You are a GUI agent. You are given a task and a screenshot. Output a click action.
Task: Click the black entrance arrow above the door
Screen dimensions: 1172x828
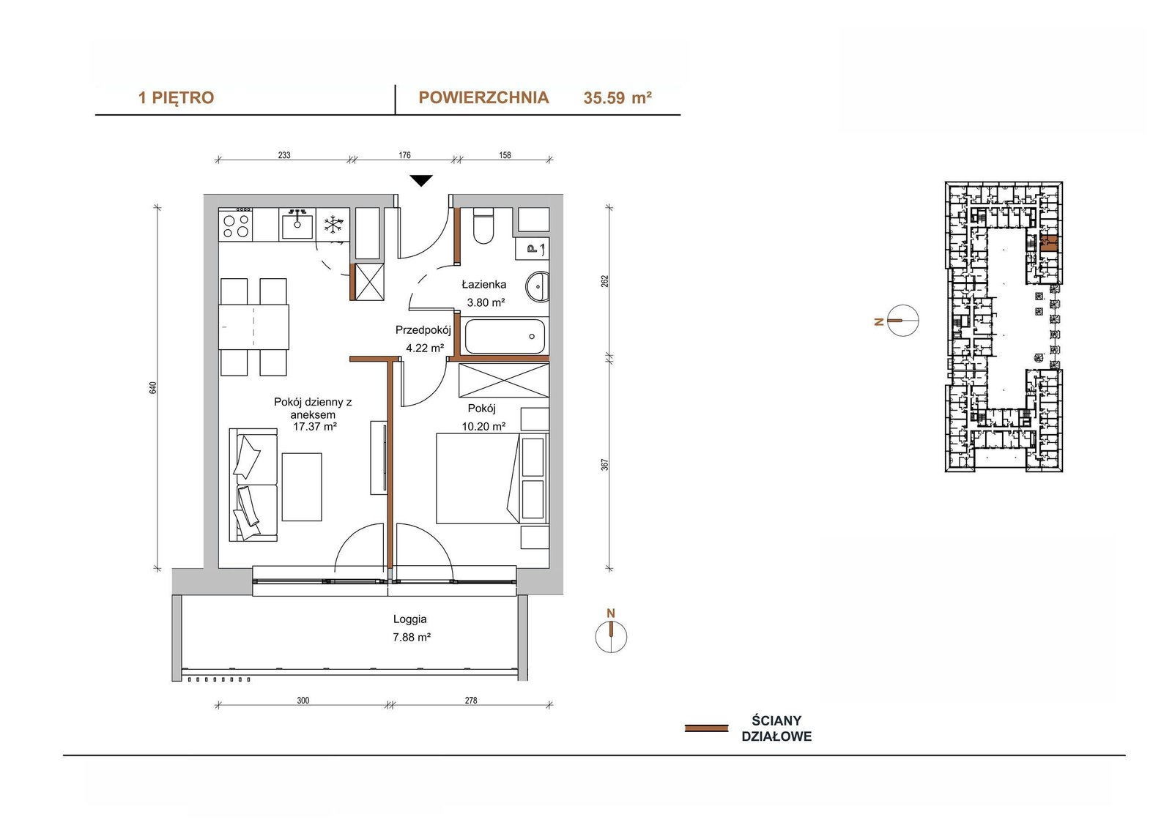(x=421, y=180)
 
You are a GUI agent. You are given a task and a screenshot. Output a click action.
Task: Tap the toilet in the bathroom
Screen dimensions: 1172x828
(x=483, y=225)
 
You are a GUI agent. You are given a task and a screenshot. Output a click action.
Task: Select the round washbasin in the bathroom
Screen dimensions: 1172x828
(x=537, y=287)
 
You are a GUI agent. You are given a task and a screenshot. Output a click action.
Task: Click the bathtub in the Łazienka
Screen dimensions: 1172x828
(x=505, y=336)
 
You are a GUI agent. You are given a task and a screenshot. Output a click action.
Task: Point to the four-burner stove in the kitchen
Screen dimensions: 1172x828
(x=236, y=224)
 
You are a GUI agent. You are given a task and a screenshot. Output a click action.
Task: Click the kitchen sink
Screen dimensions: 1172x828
(x=297, y=224)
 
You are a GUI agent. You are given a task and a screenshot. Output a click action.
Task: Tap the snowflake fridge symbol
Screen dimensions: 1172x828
(x=333, y=225)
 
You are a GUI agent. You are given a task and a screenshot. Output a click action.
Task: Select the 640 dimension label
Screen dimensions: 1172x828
(x=153, y=388)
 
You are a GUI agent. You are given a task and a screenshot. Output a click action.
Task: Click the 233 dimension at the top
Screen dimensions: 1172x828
(x=284, y=154)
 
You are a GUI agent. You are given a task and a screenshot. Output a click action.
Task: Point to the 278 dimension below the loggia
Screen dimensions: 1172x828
(x=471, y=701)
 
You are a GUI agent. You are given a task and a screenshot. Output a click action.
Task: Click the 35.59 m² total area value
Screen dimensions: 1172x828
(x=617, y=98)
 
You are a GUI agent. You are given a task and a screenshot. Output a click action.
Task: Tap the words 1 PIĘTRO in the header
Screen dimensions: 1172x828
(x=176, y=98)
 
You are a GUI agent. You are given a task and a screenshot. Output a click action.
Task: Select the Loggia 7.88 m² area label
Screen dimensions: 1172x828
(x=411, y=628)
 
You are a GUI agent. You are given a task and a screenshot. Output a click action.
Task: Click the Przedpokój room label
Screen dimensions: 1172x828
(x=423, y=330)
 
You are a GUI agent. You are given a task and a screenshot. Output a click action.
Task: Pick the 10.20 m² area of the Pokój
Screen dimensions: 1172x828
(x=483, y=426)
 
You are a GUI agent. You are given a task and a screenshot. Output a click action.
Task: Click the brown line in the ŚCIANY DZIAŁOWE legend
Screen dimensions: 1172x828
(x=706, y=728)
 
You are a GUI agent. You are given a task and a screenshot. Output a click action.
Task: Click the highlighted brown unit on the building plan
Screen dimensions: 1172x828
(x=1049, y=244)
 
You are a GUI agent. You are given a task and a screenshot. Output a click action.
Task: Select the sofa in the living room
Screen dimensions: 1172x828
(x=253, y=485)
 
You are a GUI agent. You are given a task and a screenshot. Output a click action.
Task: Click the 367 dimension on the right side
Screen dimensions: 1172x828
(x=605, y=464)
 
